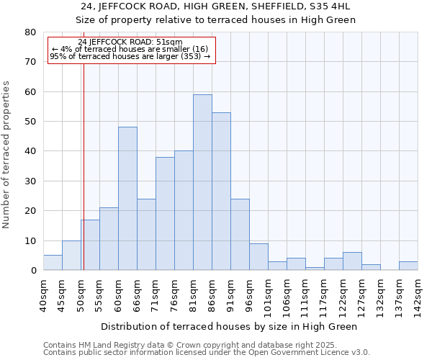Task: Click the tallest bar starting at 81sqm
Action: [x=202, y=182]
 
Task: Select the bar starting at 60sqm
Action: [x=127, y=199]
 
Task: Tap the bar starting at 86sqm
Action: [x=221, y=192]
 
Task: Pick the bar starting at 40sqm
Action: [x=53, y=263]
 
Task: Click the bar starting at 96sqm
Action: [x=258, y=257]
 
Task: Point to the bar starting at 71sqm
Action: [x=165, y=214]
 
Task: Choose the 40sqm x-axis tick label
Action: [x=43, y=295]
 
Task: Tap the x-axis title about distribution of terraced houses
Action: [x=229, y=326]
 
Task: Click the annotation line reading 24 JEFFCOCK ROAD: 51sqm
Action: [x=130, y=42]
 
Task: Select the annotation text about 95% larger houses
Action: [x=130, y=56]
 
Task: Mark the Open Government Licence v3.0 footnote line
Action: [x=206, y=353]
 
